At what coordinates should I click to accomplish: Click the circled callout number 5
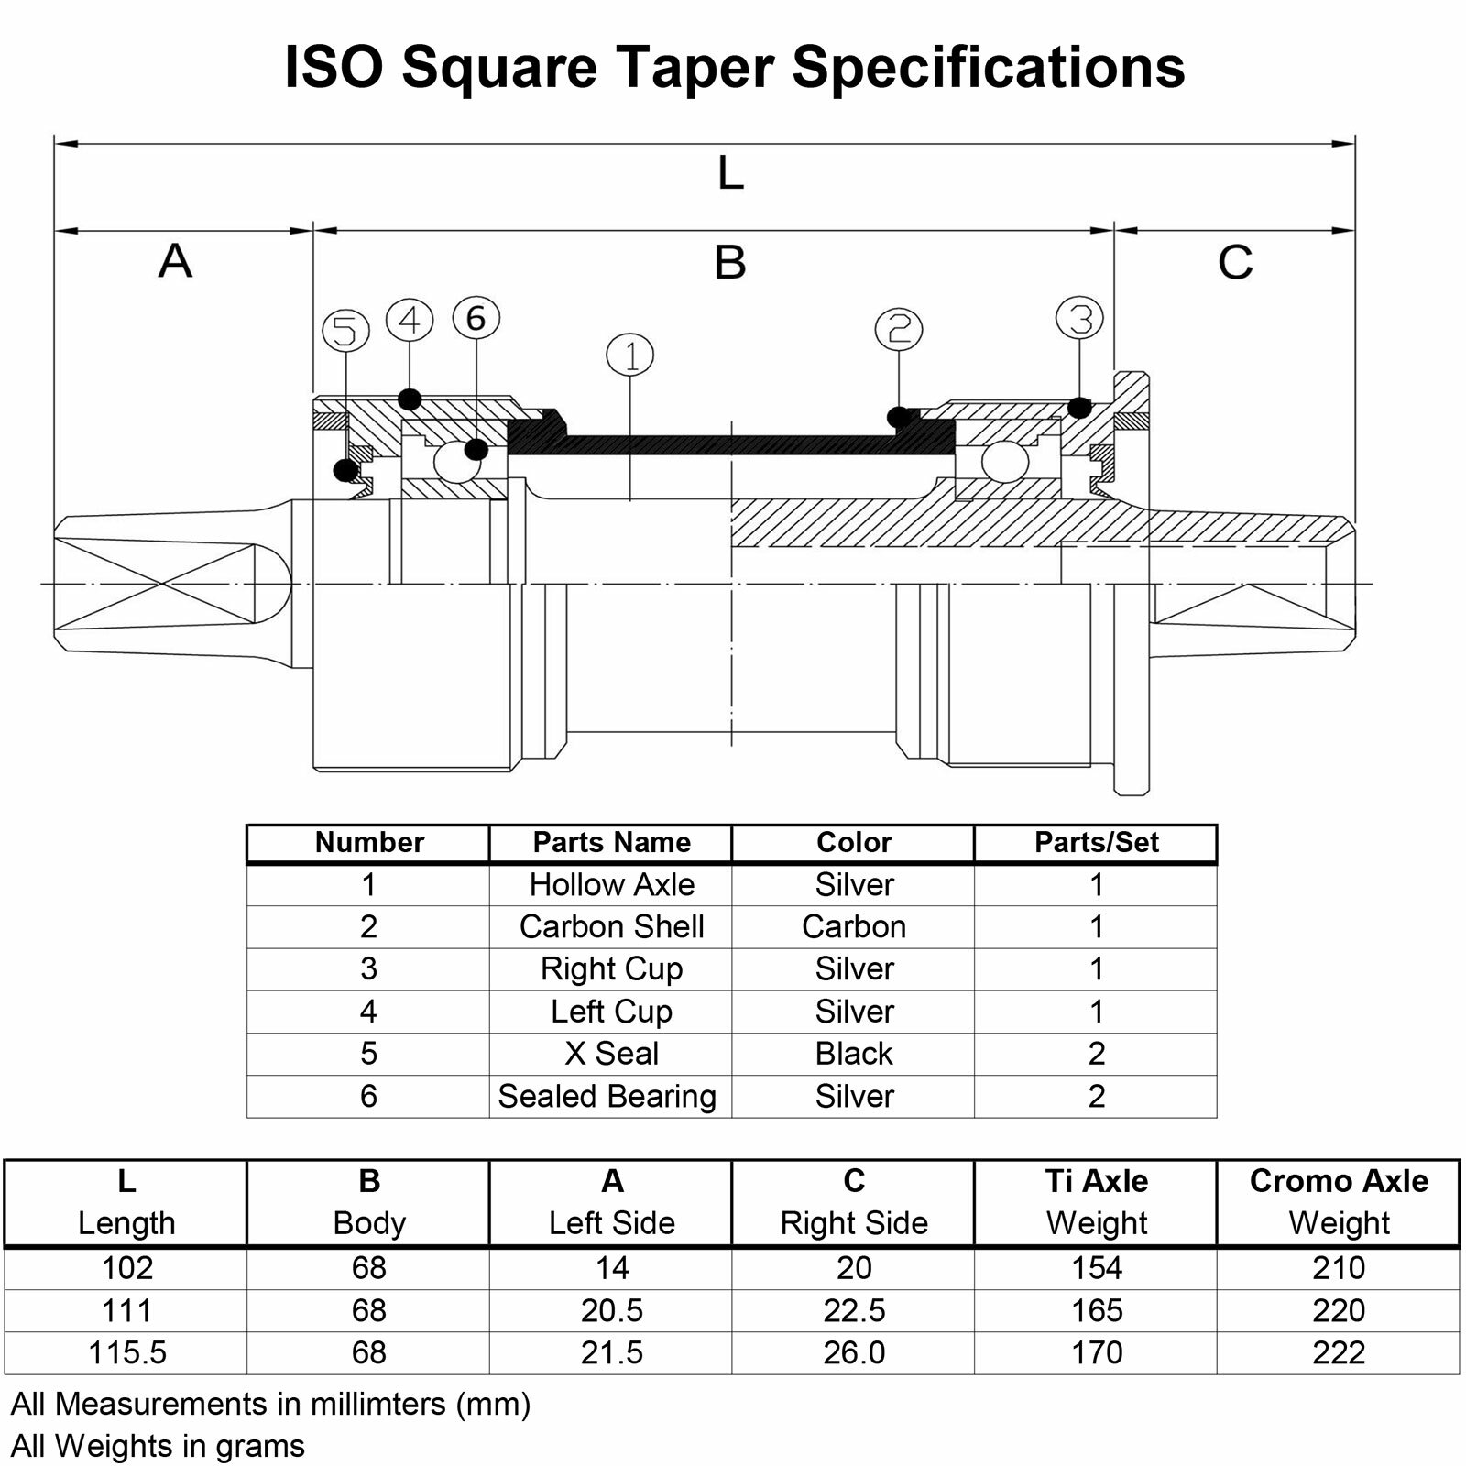345,331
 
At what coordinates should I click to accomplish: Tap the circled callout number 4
410,321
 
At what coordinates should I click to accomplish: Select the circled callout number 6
476,318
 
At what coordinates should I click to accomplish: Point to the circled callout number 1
630,355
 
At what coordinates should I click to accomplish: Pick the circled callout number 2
899,329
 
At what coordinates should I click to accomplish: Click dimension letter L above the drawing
730,172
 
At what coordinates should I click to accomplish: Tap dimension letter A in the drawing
175,260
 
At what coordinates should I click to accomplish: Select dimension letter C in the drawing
1235,262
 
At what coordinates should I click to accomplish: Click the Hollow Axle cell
611,884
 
